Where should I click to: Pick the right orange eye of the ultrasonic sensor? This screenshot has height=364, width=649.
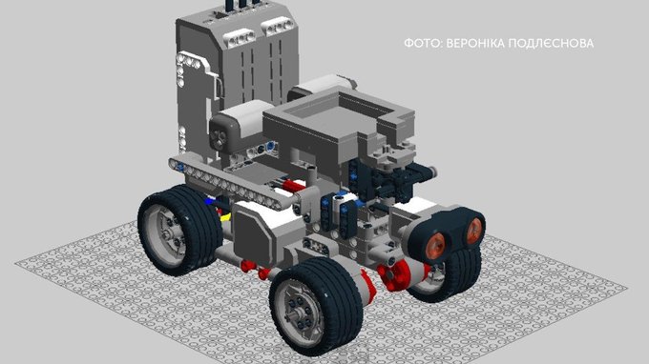click(x=474, y=231)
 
